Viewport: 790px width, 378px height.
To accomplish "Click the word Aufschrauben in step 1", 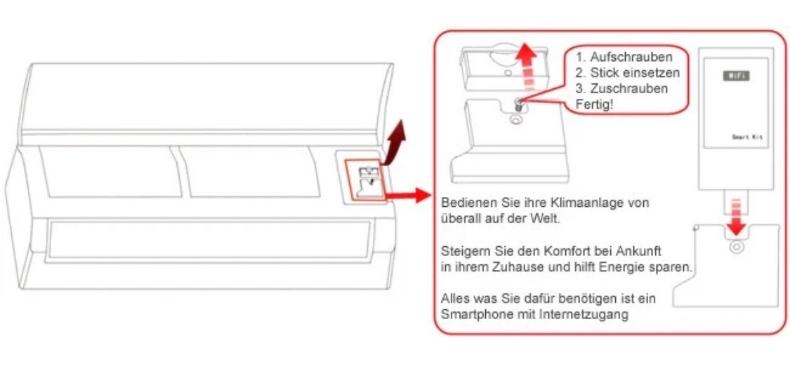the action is click(631, 57).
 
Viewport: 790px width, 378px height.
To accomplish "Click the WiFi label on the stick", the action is click(736, 76).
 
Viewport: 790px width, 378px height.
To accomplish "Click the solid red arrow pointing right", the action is click(407, 195).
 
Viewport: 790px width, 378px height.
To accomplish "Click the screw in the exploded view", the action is click(518, 105).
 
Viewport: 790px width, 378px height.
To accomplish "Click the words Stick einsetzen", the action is click(634, 73).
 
